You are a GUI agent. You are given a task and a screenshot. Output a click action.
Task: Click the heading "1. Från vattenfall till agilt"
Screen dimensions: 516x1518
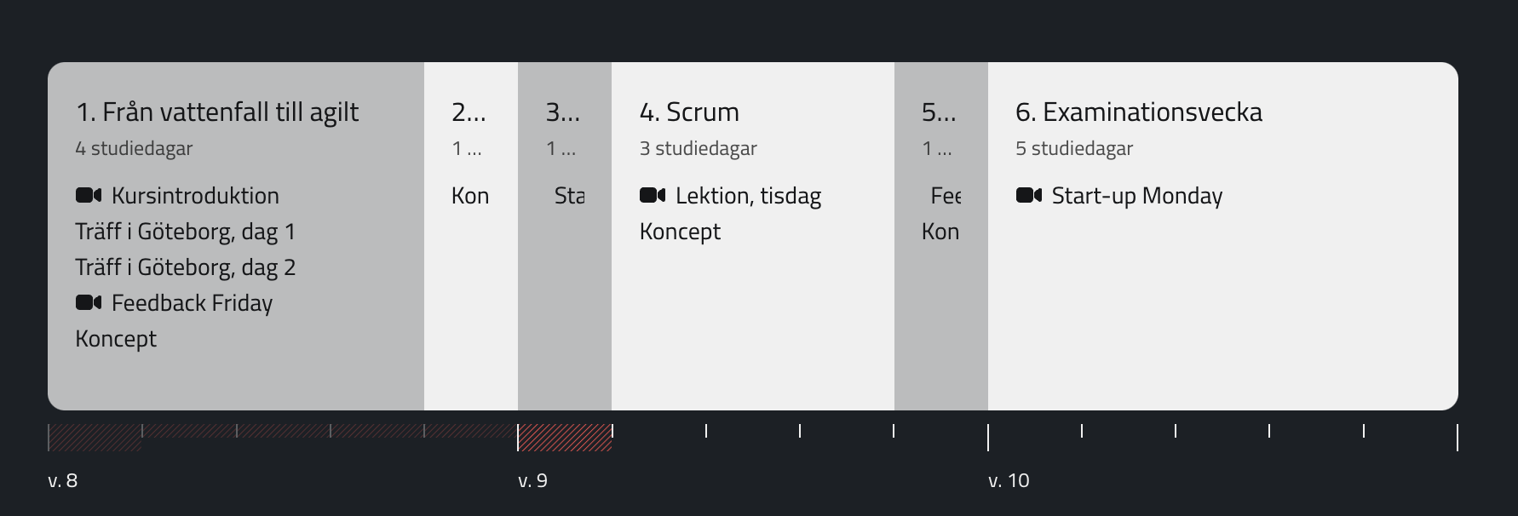[217, 112]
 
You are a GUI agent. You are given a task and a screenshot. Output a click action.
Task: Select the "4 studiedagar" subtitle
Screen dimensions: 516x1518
[134, 148]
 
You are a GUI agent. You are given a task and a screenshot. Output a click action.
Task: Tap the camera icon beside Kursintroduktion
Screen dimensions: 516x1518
[89, 195]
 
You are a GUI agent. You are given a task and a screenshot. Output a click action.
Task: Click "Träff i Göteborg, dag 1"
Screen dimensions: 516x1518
[185, 232]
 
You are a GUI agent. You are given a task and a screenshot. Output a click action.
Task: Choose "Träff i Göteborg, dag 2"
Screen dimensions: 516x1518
[185, 267]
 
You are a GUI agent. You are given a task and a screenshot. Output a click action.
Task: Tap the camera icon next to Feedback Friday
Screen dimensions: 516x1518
[89, 302]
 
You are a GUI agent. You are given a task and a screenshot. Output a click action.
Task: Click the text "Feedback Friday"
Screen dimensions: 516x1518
[192, 303]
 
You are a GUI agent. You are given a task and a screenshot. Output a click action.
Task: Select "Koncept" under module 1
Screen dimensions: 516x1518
[116, 339]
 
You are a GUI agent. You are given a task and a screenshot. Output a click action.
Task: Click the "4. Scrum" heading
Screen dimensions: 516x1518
[689, 112]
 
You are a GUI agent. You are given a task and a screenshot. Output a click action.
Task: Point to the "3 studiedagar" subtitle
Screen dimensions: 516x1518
[698, 148]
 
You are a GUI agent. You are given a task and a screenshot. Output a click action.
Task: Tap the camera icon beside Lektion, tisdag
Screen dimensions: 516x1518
[653, 195]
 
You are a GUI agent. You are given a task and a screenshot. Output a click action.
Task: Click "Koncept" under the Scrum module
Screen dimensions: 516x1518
[680, 232]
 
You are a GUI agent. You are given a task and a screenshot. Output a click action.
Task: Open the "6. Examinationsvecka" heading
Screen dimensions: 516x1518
[1138, 112]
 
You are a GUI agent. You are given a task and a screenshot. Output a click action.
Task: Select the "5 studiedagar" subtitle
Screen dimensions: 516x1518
[1073, 148]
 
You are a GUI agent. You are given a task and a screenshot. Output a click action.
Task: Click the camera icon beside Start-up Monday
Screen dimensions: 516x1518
[1029, 195]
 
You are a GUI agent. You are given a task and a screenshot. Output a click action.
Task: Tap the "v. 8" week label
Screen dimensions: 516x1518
[63, 481]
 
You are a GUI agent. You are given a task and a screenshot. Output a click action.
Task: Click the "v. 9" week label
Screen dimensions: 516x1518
[532, 481]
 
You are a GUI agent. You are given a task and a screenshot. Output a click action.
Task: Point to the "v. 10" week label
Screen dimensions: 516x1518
[1009, 481]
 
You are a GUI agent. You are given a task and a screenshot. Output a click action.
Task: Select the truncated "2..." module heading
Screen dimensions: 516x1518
[469, 112]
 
